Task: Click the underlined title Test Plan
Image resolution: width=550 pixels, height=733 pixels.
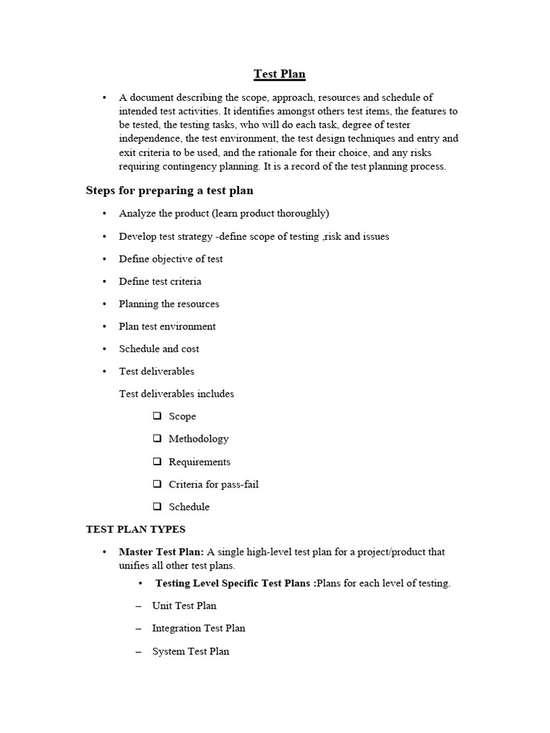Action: click(279, 74)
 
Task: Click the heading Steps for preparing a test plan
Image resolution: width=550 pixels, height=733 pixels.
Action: click(169, 190)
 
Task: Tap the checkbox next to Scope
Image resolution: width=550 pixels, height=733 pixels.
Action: click(157, 416)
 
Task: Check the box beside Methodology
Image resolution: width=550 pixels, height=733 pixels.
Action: click(157, 439)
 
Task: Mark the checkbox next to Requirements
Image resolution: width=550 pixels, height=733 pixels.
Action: click(157, 462)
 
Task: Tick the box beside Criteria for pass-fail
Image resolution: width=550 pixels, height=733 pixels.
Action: click(157, 485)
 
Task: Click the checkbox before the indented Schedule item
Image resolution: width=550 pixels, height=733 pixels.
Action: click(157, 507)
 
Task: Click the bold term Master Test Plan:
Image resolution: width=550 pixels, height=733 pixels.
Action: click(161, 552)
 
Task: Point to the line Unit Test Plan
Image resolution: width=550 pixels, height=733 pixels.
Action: click(184, 606)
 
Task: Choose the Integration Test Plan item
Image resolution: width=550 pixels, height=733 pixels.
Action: click(198, 628)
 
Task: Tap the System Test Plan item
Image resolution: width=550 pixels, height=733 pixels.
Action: click(190, 651)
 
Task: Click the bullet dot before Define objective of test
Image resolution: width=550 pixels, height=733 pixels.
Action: click(104, 259)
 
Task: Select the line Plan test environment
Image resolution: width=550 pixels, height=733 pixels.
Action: click(167, 326)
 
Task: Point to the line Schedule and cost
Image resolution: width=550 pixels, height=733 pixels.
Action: click(159, 349)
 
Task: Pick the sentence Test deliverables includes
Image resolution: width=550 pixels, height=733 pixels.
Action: click(176, 394)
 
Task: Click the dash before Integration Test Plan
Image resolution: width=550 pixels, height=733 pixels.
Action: click(138, 628)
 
